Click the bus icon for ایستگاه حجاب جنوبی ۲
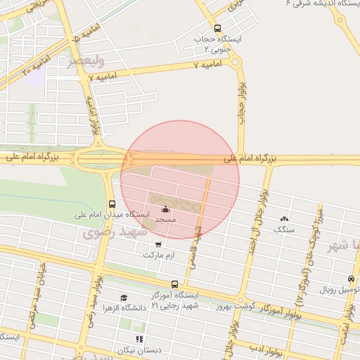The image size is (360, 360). pyautogui.click(x=217, y=29)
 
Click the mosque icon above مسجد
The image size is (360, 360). pyautogui.click(x=166, y=209)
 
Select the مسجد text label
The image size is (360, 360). pyautogui.click(x=165, y=220)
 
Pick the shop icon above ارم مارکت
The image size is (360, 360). pyautogui.click(x=158, y=245)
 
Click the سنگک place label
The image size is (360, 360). pyautogui.click(x=284, y=230)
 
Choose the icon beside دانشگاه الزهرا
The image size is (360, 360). pyautogui.click(x=124, y=298)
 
